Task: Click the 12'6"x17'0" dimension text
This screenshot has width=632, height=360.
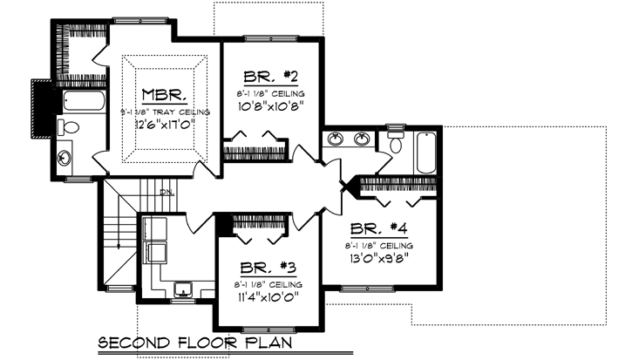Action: (x=164, y=126)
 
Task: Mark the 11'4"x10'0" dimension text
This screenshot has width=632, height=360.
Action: (x=268, y=299)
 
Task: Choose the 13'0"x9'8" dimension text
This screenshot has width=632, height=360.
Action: (x=380, y=259)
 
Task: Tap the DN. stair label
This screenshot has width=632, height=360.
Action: (x=167, y=193)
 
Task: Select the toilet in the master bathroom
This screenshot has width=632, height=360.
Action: (x=68, y=128)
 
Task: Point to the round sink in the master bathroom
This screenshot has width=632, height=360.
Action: (x=67, y=159)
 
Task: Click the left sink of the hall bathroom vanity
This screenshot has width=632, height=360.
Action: (x=335, y=138)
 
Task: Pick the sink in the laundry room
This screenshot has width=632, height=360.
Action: (x=183, y=288)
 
